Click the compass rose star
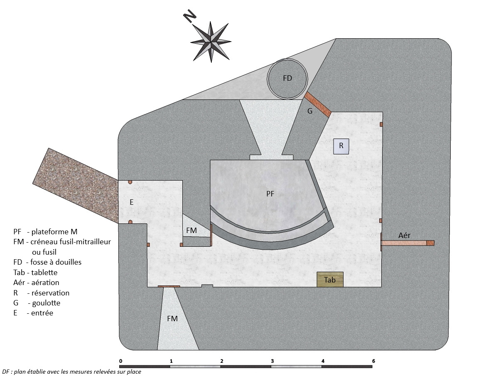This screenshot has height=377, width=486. pos(211,42)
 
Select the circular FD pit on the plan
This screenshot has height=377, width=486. pos(287,79)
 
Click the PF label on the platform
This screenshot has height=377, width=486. pos(270,194)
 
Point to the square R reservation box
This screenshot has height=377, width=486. pos(341,146)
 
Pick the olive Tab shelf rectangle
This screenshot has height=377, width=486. pos(330,280)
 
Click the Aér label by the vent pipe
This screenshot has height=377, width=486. pos(404,236)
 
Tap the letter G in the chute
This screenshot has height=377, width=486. pos(309,111)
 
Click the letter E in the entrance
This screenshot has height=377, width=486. pos(131,202)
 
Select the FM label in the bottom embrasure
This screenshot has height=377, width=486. pos(172,319)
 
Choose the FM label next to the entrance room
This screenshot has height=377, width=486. pos(191,231)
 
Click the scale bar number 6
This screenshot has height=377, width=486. pos(373,361)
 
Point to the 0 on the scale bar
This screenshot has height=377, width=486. pos(120,361)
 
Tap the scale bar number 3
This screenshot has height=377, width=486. pos(272,361)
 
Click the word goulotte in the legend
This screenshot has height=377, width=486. pos(46,303)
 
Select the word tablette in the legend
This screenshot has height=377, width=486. pos(44,273)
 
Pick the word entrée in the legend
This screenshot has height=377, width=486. pos(42,313)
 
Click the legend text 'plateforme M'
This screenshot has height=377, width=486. pos(54,232)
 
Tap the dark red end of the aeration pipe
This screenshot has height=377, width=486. pos(430,243)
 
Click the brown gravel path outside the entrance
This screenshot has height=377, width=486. pos(75,185)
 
